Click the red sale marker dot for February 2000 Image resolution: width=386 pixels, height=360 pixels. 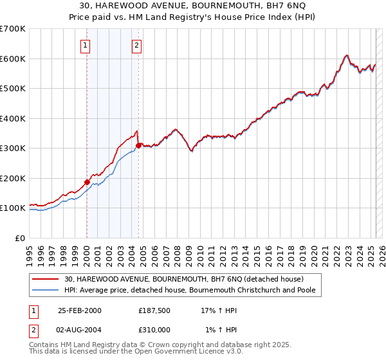click(87, 182)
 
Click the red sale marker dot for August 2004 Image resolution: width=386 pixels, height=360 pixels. click(138, 145)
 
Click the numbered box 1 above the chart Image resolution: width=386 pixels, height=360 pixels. click(86, 45)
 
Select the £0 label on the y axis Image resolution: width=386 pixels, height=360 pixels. click(21, 238)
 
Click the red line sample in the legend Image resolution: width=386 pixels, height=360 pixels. click(45, 279)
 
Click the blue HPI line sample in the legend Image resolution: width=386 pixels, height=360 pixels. click(45, 291)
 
